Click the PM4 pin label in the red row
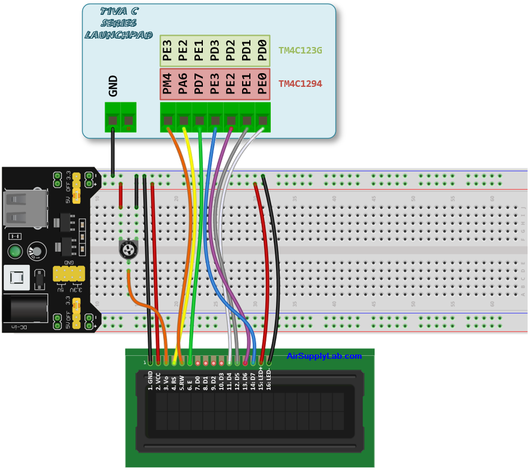click(168, 84)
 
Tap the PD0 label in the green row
click(262, 51)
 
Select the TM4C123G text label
click(300, 51)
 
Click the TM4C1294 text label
click(300, 84)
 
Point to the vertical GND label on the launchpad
click(113, 86)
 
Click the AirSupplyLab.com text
click(324, 356)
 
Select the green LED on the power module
click(15, 250)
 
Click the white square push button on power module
click(17, 278)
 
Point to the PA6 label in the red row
click(183, 84)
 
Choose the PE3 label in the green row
click(168, 51)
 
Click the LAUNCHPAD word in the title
click(119, 35)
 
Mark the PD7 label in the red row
click(199, 84)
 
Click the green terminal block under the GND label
click(120, 117)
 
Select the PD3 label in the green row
click(215, 51)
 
